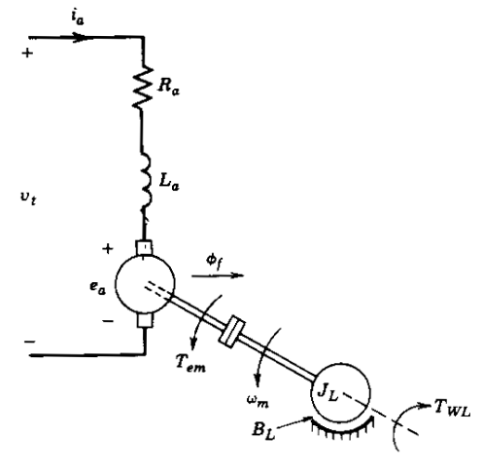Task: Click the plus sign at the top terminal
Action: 26,54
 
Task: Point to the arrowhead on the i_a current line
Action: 90,39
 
